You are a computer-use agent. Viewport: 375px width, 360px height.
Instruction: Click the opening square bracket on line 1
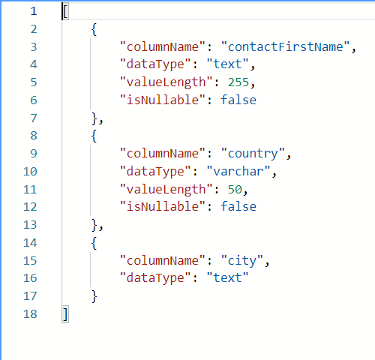65,11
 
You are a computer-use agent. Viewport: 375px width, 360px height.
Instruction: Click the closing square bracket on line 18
65,314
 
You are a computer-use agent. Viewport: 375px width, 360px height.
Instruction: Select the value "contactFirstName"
285,46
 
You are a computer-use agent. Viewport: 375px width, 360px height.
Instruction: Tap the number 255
238,82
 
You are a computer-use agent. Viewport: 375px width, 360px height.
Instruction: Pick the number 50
235,189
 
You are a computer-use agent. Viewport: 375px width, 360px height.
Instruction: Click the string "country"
253,153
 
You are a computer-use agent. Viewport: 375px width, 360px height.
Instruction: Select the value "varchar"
238,171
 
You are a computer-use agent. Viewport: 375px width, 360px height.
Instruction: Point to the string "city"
242,260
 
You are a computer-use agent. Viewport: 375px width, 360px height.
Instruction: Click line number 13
30,225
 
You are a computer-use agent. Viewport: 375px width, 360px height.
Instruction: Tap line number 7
34,118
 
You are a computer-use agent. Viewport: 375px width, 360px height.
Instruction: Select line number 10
30,172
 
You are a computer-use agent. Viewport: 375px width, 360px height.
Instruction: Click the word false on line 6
238,100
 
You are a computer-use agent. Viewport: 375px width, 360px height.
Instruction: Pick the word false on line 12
238,206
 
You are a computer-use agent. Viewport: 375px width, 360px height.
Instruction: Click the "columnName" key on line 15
163,260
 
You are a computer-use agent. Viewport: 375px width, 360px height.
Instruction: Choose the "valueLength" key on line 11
166,189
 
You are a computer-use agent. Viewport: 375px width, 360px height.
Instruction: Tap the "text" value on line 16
227,277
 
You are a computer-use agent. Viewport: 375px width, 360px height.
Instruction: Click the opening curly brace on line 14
94,243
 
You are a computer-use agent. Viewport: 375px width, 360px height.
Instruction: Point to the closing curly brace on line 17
94,296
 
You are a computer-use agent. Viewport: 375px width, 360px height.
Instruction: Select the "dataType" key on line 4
155,64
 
